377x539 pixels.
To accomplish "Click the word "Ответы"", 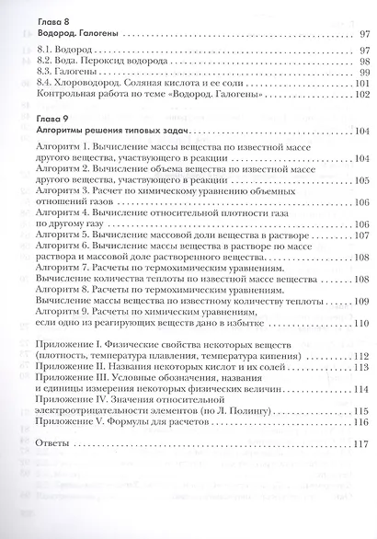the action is [x=47, y=443].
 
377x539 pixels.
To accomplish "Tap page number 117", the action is [x=360, y=443].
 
